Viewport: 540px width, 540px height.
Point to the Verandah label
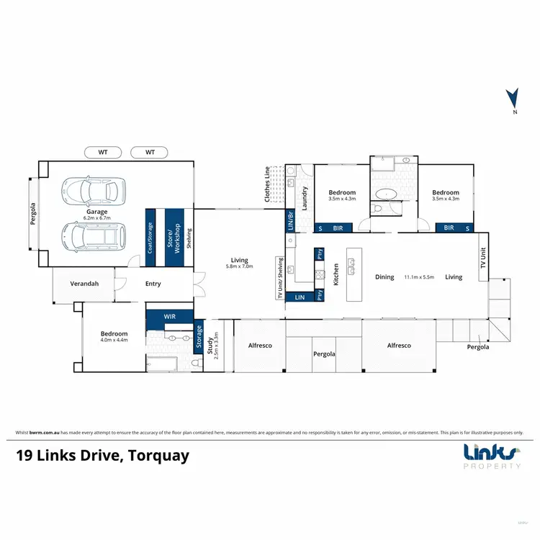click(85, 284)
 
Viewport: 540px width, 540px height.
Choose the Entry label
click(153, 284)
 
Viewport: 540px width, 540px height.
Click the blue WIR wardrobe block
click(169, 316)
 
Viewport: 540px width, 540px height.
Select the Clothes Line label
click(267, 183)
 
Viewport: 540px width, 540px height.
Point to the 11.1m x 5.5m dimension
click(419, 276)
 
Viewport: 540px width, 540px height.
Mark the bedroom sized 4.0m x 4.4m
click(114, 341)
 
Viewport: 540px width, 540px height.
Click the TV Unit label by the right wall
click(483, 260)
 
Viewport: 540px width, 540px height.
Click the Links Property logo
click(492, 456)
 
